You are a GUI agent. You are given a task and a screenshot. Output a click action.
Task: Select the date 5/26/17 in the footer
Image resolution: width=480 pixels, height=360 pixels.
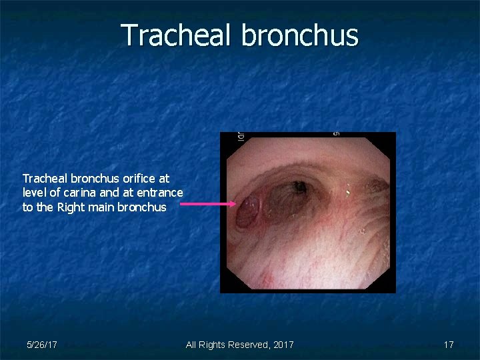click(x=41, y=345)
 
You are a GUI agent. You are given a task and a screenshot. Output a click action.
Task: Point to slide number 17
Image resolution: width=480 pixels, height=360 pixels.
click(x=449, y=345)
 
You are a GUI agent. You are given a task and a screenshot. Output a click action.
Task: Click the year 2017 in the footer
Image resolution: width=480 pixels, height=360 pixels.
click(x=283, y=345)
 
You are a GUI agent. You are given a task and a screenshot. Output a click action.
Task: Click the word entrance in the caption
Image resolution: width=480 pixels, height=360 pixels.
click(x=160, y=193)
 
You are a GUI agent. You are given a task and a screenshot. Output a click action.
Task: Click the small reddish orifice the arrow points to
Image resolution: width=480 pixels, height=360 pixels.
click(x=247, y=211)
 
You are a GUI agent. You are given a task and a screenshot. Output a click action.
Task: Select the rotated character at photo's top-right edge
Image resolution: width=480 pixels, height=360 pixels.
click(x=337, y=133)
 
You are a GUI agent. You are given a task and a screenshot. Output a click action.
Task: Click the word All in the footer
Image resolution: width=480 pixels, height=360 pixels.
click(x=192, y=345)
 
